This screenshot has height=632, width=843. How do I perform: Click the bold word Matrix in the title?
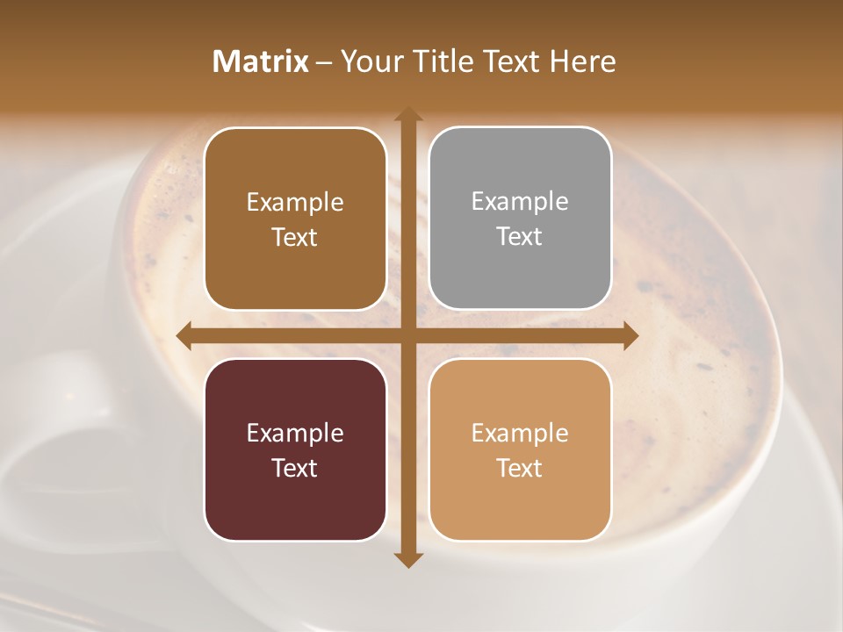[x=261, y=61]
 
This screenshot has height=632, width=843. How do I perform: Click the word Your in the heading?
[x=368, y=61]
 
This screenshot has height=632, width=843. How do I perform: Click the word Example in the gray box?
[x=520, y=202]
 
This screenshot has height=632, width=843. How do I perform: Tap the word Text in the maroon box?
[x=295, y=468]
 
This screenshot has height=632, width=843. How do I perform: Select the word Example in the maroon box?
[x=295, y=433]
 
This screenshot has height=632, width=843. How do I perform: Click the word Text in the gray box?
[x=520, y=237]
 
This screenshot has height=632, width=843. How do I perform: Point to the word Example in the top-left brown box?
[x=295, y=203]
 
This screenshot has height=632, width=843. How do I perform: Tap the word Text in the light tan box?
[x=520, y=468]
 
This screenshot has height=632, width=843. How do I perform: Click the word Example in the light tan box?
[x=520, y=433]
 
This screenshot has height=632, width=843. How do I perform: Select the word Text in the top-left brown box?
[x=295, y=238]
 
